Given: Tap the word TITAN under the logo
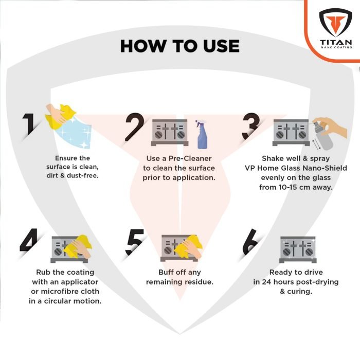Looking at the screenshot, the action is tap(336, 42).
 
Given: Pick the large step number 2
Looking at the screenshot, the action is tap(135, 127).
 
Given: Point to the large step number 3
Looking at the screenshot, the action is tap(251, 127).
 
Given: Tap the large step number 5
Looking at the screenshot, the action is tap(135, 242).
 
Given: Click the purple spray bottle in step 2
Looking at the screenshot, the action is tap(202, 134).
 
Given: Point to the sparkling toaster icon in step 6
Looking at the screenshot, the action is tap(298, 249).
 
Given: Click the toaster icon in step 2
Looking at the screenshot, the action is tap(170, 133).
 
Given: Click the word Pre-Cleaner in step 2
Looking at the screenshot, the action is tap(190, 158).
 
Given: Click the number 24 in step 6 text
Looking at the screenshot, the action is tap(267, 282).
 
